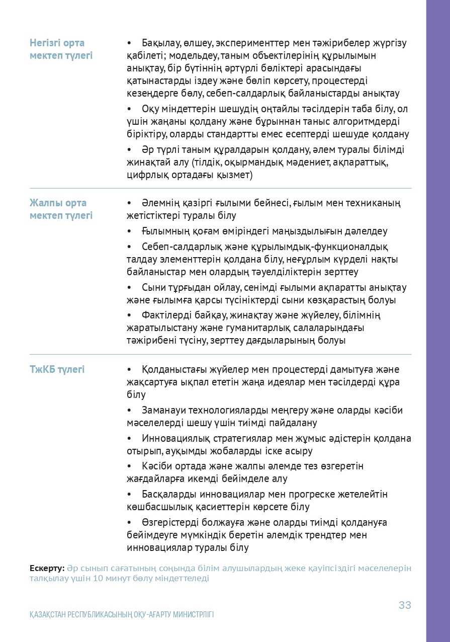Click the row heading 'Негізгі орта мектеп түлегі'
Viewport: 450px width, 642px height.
(61, 49)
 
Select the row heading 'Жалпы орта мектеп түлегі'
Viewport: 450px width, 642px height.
(61, 209)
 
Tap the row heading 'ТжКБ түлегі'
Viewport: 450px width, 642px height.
(57, 370)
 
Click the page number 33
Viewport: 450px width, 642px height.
(405, 605)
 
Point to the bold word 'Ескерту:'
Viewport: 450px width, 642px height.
(47, 569)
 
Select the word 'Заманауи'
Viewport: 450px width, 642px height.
(164, 411)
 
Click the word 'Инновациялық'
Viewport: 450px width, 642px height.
(173, 439)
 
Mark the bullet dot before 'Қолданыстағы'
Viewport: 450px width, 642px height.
(130, 370)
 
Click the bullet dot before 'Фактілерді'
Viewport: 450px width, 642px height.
(130, 315)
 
